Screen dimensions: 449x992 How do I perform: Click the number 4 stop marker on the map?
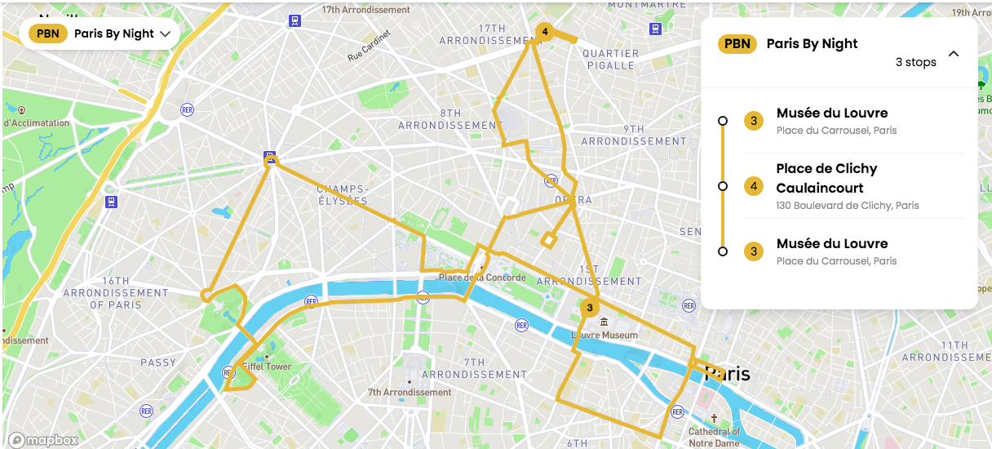(x=544, y=33)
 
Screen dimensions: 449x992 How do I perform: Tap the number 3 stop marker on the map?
(x=588, y=308)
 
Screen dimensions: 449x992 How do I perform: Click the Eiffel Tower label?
(x=267, y=367)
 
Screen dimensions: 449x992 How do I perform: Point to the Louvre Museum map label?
(x=604, y=336)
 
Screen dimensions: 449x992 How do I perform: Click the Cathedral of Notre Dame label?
(x=714, y=437)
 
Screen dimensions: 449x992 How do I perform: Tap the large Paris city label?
(x=726, y=374)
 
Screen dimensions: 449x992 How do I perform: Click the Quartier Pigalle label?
(x=610, y=60)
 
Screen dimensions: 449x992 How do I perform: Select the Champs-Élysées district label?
(x=343, y=194)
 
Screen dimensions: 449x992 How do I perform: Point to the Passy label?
(x=157, y=362)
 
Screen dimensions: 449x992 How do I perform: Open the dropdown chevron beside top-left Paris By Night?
(x=166, y=34)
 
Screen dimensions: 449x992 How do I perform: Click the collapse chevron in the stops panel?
(x=953, y=54)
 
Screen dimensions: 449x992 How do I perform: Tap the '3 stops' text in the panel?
(x=915, y=62)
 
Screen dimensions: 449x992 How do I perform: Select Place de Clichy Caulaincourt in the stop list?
(x=826, y=178)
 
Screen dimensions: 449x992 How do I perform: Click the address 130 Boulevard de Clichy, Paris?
(x=848, y=206)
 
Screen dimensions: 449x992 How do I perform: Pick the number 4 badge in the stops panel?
(x=753, y=187)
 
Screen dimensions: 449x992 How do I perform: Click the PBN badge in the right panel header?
(x=737, y=44)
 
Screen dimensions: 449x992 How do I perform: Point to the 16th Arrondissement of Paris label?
(x=115, y=292)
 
